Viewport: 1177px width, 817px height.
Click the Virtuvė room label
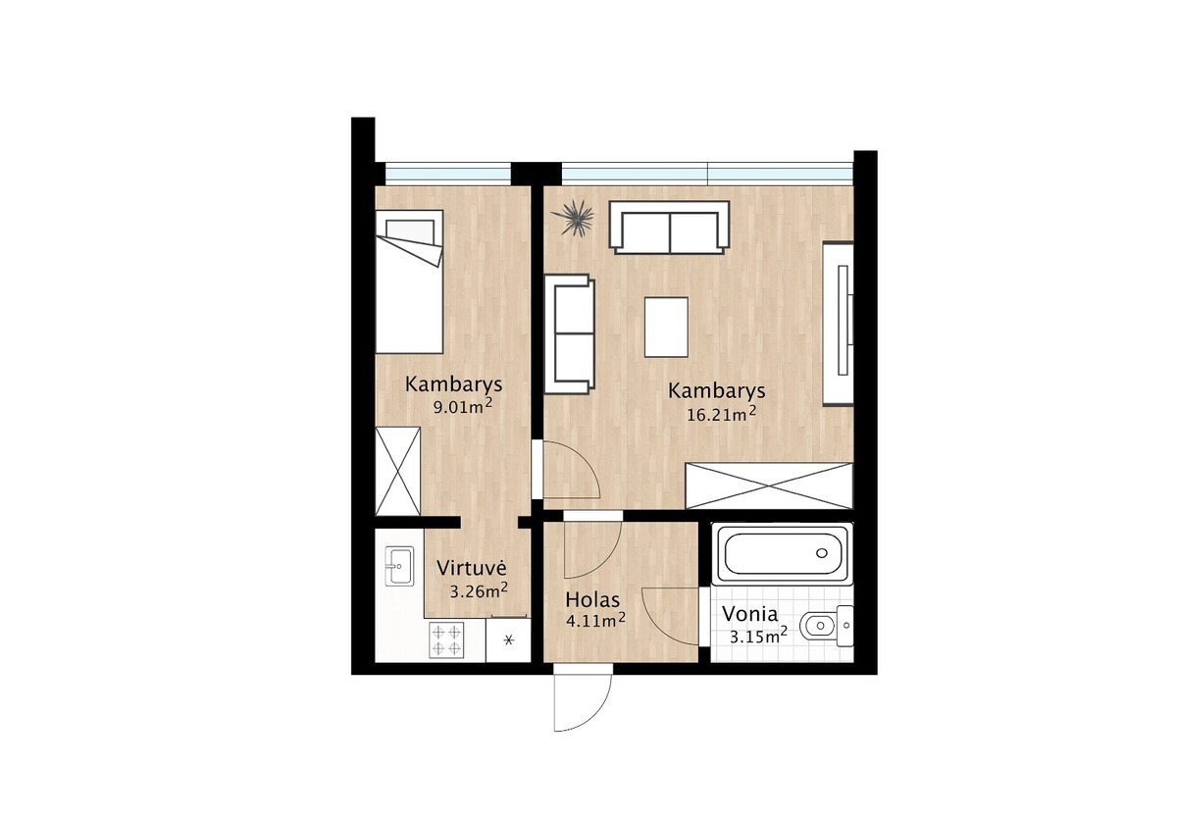pos(472,568)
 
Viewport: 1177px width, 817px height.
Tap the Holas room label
pos(592,600)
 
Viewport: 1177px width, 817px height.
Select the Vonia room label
pos(749,614)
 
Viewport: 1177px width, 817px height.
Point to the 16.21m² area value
pos(722,414)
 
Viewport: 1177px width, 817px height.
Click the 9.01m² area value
pos(462,406)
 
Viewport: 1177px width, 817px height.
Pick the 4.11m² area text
pos(595,621)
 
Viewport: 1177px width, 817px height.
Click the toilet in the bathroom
pos(826,626)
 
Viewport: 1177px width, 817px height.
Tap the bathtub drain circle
pos(822,553)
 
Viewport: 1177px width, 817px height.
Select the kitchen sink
pos(399,566)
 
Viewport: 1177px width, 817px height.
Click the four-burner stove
pos(446,639)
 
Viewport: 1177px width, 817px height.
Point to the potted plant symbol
pos(572,218)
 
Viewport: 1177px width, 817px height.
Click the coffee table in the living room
pos(666,328)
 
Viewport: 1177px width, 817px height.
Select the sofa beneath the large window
pos(669,228)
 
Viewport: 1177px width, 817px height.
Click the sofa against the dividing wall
pos(570,334)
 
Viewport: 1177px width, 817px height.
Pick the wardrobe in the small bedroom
pos(398,472)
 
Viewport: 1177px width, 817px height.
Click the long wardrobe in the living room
pos(769,486)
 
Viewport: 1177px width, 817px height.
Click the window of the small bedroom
pos(448,174)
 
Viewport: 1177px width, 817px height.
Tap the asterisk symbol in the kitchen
pos(508,639)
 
